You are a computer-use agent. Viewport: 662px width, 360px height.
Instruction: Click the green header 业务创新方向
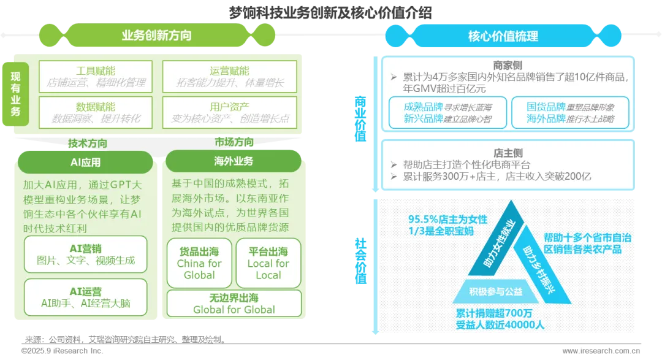tap(156, 36)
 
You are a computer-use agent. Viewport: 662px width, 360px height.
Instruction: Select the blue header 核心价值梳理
tap(503, 36)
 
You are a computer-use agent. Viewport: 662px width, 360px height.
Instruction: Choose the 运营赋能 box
tap(229, 76)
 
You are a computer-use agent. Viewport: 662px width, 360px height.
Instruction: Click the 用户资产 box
tap(229, 112)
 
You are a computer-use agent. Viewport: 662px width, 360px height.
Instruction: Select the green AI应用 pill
tap(85, 163)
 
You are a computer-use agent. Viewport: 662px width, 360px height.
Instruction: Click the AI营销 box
tap(85, 254)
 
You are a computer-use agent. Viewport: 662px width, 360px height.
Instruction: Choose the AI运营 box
tap(85, 297)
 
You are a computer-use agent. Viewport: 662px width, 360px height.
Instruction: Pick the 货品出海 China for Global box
tap(199, 263)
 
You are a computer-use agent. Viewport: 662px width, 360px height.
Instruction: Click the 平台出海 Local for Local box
tap(268, 263)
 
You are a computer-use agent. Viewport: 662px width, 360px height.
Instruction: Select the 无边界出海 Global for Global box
tap(234, 304)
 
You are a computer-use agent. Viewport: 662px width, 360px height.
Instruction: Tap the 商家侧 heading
tap(508, 65)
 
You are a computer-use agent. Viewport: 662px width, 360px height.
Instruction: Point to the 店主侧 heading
tap(508, 152)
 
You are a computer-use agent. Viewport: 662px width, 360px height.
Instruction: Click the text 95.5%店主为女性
tap(448, 219)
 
